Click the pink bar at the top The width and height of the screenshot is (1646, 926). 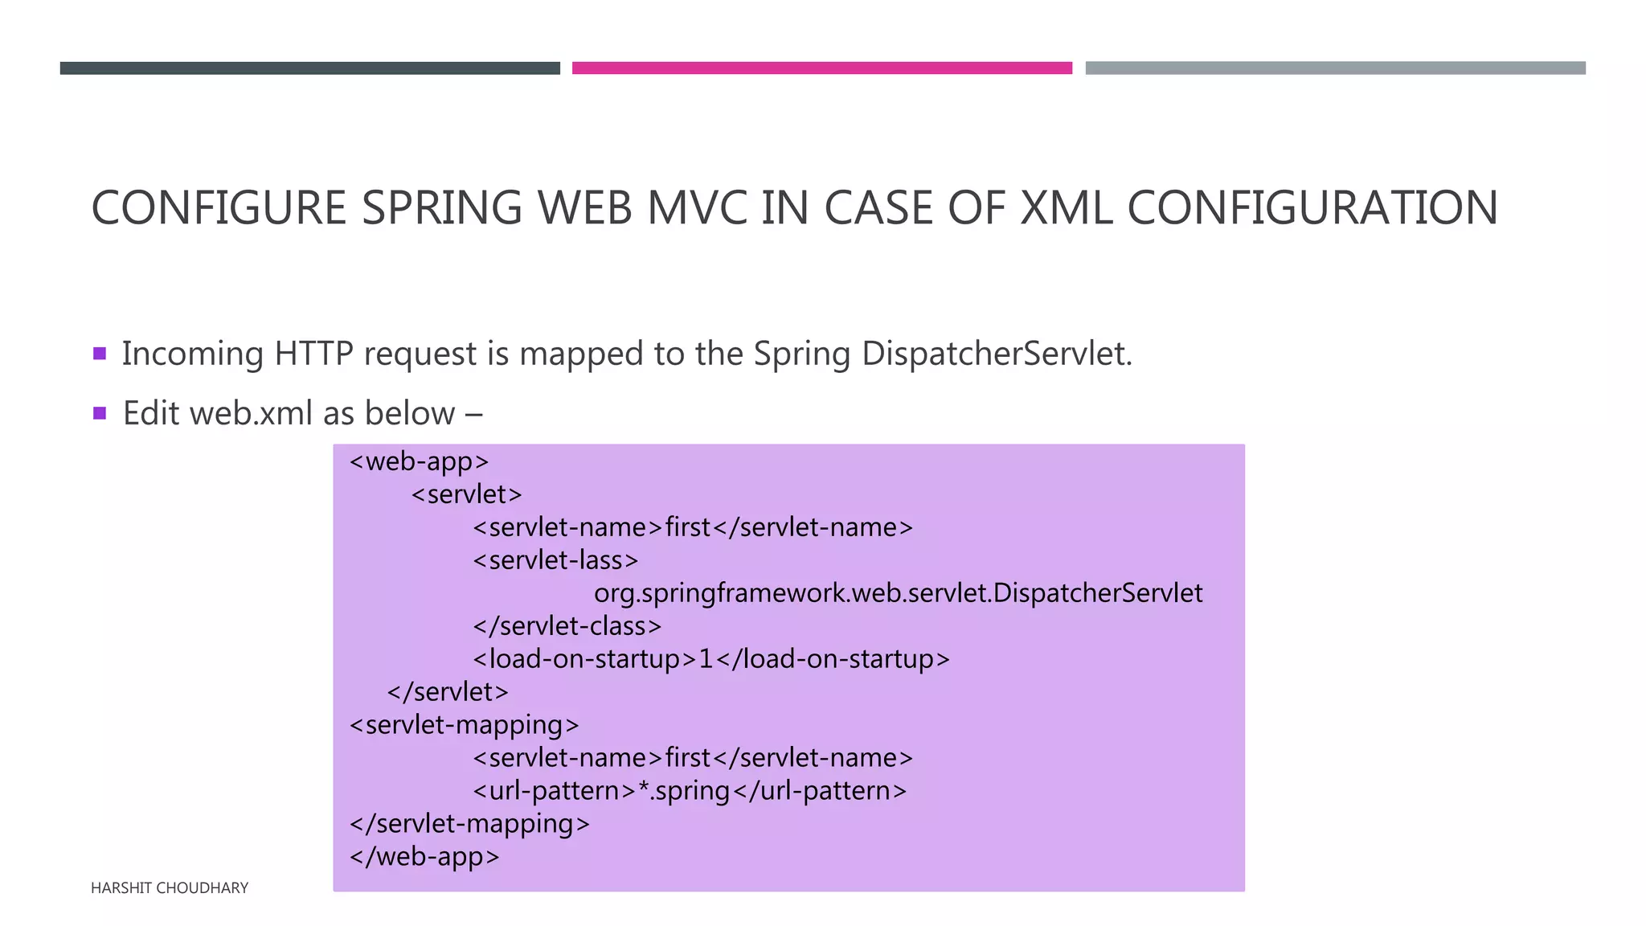(821, 68)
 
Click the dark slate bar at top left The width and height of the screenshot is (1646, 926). (309, 68)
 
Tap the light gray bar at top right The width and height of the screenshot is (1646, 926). (1335, 68)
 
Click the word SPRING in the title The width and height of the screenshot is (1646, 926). (441, 207)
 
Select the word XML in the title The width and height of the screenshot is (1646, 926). (1066, 207)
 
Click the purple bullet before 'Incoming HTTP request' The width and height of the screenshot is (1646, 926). (100, 353)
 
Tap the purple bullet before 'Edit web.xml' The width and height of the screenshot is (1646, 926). (100, 413)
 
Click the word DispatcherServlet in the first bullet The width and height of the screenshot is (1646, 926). (997, 354)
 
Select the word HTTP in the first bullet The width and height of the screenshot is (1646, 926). (313, 354)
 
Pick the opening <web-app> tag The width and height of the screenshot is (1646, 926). (420, 461)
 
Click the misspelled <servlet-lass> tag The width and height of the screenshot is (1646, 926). (555, 560)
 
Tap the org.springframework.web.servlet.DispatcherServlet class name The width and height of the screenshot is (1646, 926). (898, 593)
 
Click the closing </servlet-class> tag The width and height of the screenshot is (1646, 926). (567, 626)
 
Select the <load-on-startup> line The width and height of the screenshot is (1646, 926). (710, 659)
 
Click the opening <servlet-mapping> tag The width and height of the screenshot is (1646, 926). (464, 725)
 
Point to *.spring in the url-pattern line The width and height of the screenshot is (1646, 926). (684, 791)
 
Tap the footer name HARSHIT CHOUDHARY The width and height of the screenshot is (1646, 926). (170, 888)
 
